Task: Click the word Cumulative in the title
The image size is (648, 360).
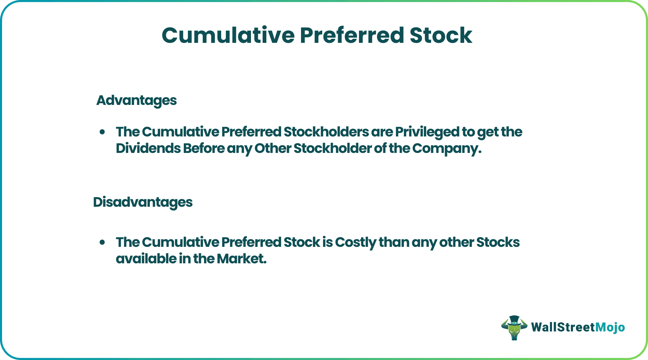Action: pos(228,35)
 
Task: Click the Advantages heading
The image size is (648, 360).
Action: pos(136,100)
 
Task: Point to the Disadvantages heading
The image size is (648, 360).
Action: pos(143,202)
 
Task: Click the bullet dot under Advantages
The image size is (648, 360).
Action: pos(102,132)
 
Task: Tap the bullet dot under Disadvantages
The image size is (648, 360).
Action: pos(102,242)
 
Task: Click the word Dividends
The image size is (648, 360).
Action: pos(148,148)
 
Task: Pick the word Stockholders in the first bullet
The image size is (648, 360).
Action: pos(326,132)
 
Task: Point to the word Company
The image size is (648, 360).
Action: pos(446,148)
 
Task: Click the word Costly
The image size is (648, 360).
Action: pos(356,242)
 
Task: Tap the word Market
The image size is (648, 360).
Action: pos(241,259)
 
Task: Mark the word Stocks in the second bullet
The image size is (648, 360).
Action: pos(498,242)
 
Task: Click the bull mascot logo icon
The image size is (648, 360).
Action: pos(514,327)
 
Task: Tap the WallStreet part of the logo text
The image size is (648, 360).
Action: pos(563,327)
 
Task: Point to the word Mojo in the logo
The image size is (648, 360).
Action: pos(610,327)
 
